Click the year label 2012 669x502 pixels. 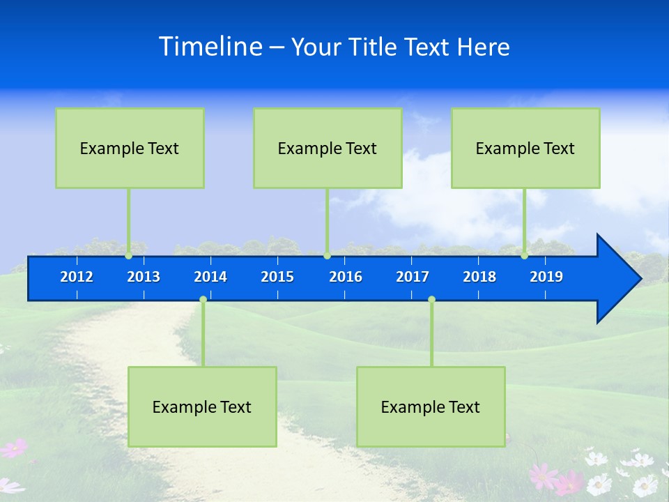pos(77,277)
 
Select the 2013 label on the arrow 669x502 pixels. pos(144,277)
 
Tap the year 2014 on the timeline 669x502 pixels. pos(210,277)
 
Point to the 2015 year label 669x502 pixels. pos(277,277)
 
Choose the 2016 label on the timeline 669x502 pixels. pos(346,277)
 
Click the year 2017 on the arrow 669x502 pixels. pos(413,277)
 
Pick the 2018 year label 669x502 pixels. pos(479,277)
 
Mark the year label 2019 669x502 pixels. pos(546,277)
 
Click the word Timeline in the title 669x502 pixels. pos(210,47)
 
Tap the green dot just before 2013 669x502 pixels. pos(129,255)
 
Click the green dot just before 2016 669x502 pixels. pos(327,255)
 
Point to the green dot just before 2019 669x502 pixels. pos(525,255)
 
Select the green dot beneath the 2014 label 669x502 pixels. pos(203,300)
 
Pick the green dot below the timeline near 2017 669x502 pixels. pos(431,300)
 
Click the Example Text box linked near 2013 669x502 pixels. pos(130,148)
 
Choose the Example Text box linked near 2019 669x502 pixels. pos(525,148)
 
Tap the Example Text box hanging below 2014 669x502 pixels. pos(202,406)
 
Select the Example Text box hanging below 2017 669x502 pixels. pos(431,406)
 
